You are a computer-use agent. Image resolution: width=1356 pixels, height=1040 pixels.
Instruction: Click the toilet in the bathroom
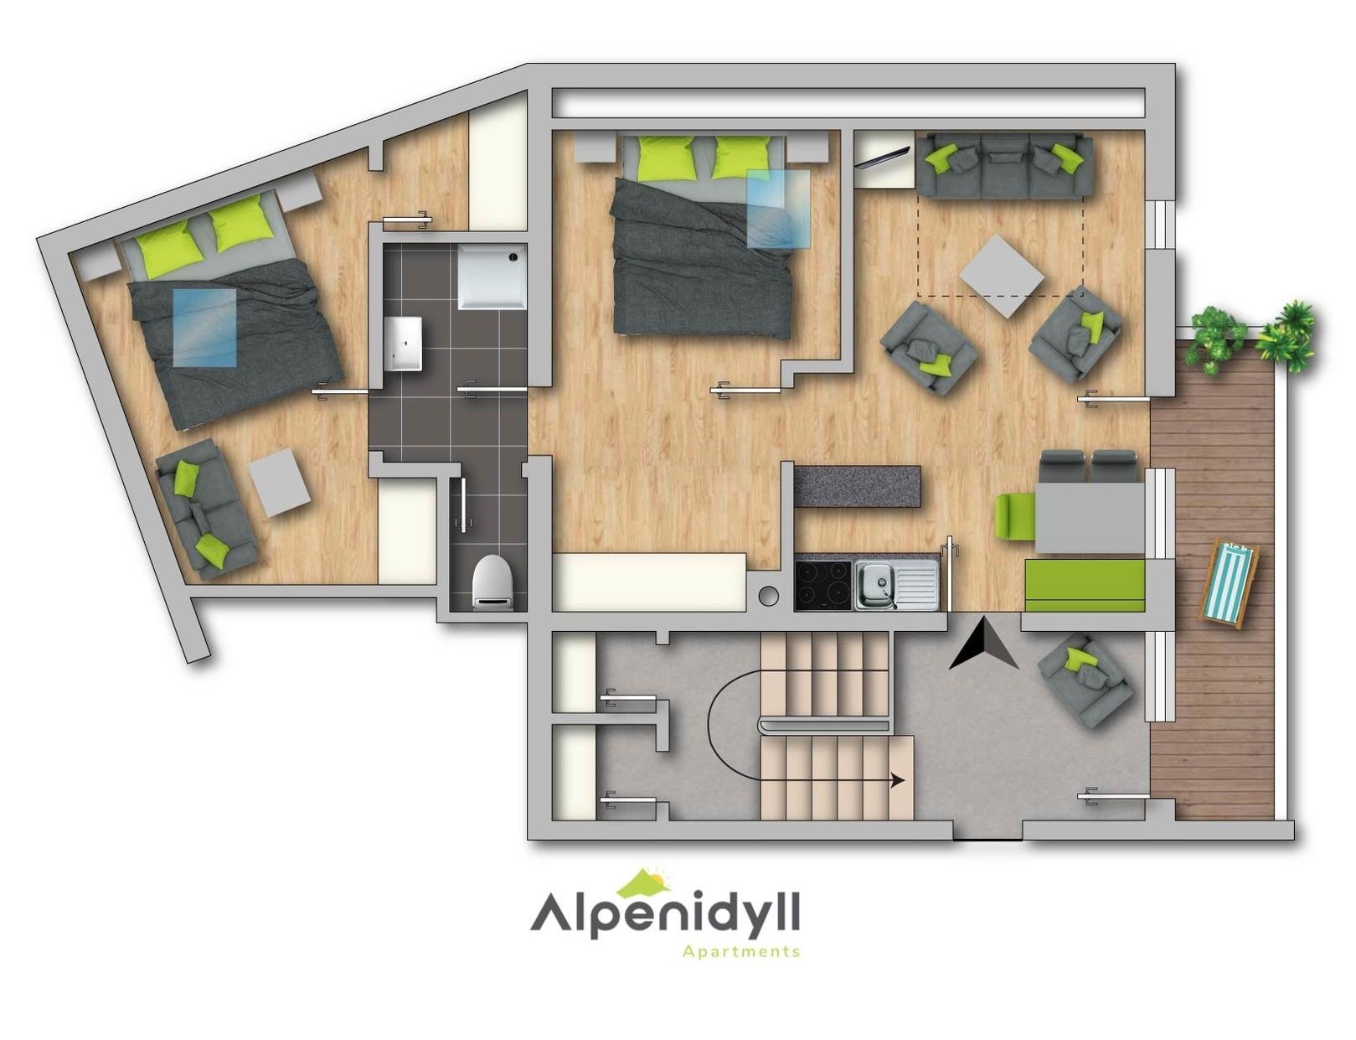(493, 582)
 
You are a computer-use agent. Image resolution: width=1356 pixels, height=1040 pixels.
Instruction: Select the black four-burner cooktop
(822, 585)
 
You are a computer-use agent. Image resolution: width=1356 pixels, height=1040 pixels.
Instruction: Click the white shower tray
(492, 277)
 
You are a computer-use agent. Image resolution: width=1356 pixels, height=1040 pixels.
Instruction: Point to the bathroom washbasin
(403, 343)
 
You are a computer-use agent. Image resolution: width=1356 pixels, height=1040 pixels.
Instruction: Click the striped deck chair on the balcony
(1229, 583)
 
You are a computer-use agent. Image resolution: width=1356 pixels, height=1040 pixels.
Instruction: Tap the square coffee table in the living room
(1002, 276)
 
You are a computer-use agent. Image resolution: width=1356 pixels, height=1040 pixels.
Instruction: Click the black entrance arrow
(982, 644)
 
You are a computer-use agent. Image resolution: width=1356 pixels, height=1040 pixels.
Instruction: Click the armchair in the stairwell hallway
(1085, 679)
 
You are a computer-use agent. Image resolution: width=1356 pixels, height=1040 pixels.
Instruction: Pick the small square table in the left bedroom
(281, 482)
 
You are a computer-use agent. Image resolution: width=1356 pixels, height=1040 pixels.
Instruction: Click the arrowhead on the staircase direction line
(898, 779)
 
